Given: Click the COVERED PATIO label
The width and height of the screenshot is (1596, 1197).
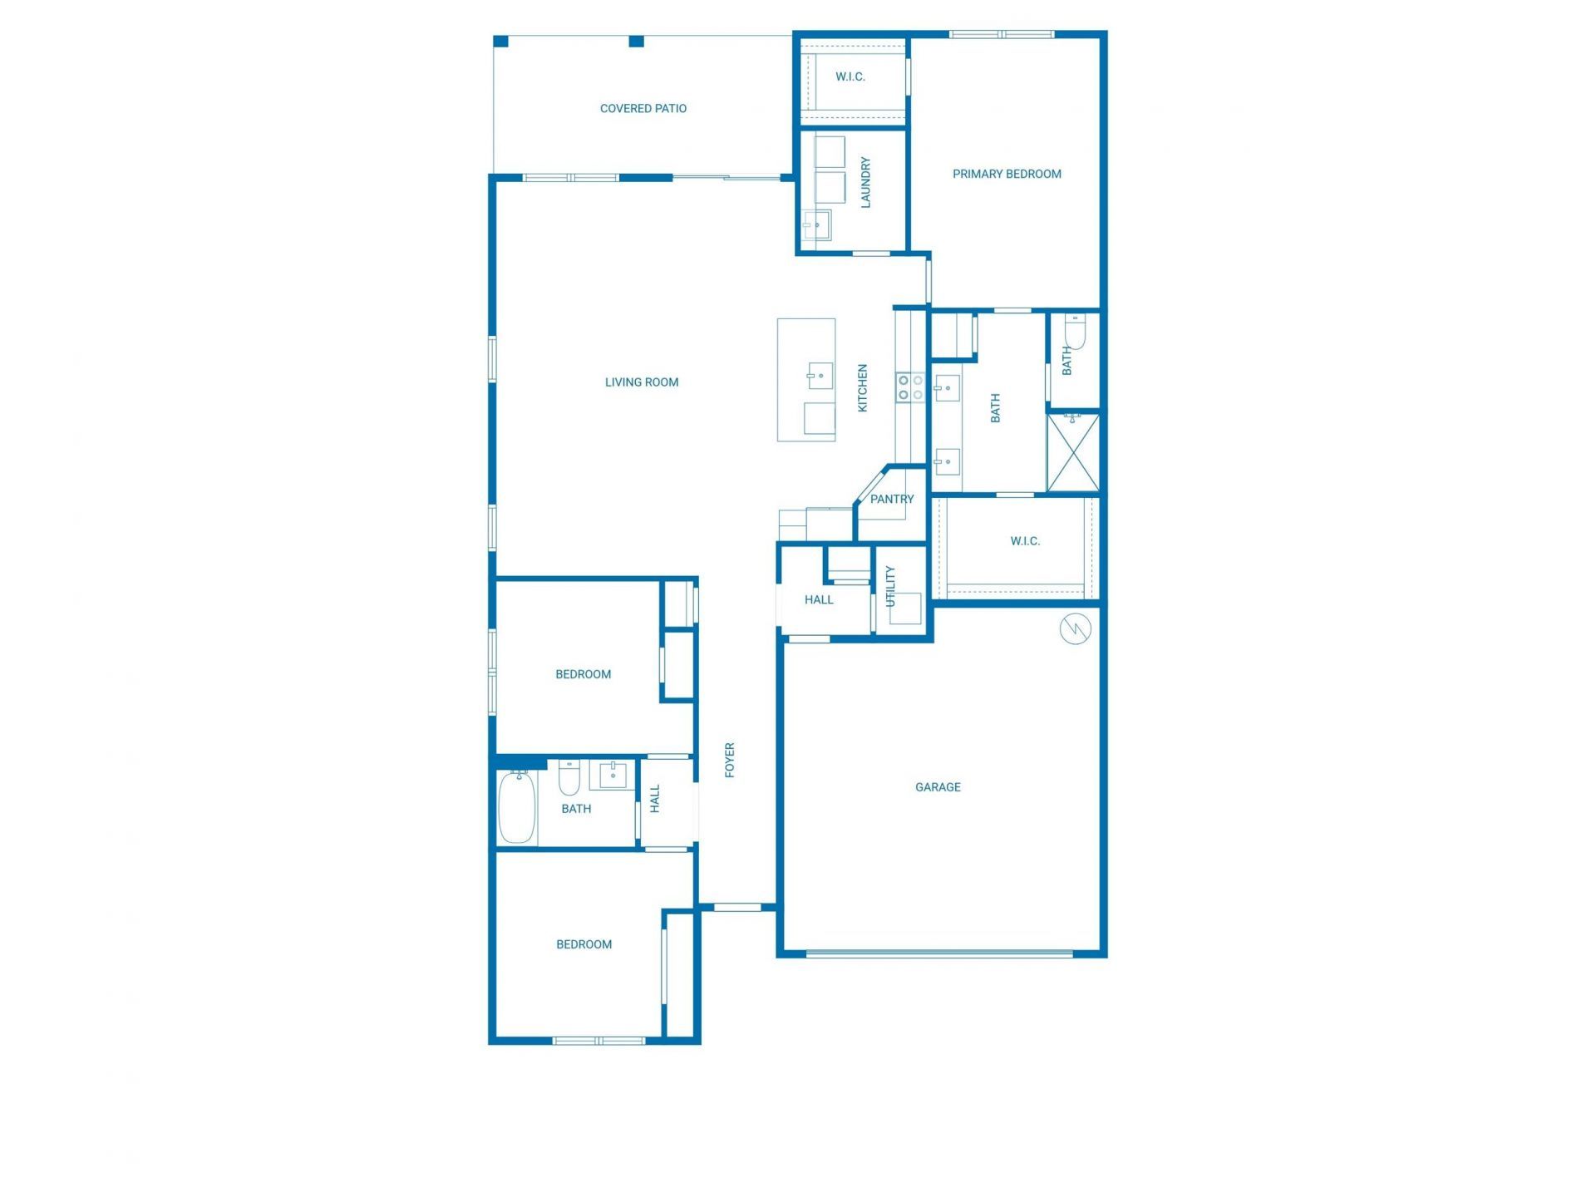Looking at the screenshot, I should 643,108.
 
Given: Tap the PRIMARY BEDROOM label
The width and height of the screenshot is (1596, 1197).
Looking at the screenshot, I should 1006,174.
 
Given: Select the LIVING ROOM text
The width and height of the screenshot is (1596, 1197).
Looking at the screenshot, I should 641,382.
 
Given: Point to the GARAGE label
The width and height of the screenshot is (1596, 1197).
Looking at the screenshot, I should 938,787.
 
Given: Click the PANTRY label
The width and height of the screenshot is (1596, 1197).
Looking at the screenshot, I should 891,499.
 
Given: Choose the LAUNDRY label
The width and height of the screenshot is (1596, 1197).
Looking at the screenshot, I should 865,182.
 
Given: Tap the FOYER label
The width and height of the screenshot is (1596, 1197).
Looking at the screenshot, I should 730,760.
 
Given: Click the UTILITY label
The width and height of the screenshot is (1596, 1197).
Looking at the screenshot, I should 890,586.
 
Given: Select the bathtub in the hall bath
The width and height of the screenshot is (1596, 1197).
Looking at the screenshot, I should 516,806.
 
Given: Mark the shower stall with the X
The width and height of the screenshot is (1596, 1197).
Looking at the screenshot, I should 1073,453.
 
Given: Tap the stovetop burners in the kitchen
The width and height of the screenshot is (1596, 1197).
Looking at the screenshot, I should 910,387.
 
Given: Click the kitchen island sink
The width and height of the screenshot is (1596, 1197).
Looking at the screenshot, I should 820,376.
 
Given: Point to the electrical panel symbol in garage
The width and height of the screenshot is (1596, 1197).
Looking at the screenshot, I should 1075,629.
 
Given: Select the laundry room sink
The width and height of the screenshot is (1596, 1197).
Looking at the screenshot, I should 816,225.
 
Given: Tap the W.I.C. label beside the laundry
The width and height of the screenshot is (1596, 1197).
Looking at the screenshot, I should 850,76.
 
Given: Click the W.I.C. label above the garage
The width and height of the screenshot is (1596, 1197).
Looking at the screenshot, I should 1024,541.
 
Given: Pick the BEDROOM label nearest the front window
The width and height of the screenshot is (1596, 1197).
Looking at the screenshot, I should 584,944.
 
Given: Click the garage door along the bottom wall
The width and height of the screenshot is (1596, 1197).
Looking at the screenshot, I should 939,953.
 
